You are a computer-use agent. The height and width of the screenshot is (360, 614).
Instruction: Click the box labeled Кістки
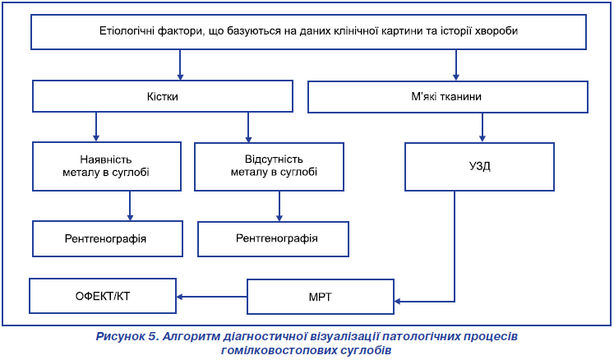[163, 96]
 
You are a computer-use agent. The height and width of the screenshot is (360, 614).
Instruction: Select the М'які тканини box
[448, 97]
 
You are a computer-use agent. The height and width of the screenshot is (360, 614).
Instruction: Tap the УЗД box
[479, 167]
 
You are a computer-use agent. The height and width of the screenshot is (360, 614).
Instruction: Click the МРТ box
[321, 297]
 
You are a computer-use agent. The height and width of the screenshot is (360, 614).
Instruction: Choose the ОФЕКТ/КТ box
[103, 296]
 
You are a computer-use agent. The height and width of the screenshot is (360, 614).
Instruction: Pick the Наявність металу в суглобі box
[107, 167]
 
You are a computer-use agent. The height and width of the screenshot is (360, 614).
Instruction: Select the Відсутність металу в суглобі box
[269, 167]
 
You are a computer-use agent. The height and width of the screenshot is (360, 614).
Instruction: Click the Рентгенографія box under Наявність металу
[108, 238]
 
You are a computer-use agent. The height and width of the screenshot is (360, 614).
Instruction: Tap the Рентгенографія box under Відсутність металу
[273, 239]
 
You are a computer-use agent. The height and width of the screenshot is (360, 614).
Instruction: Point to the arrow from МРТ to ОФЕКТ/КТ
[211, 297]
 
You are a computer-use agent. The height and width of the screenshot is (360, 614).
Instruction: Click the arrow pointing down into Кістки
[180, 65]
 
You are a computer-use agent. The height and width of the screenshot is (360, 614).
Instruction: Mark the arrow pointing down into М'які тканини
[456, 65]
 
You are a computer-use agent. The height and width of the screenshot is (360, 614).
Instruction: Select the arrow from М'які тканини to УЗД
[482, 127]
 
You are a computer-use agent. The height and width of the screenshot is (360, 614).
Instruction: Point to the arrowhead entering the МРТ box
[397, 302]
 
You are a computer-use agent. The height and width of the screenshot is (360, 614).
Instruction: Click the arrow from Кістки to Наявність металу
[96, 127]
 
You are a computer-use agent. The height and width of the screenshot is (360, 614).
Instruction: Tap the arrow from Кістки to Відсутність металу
[248, 127]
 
